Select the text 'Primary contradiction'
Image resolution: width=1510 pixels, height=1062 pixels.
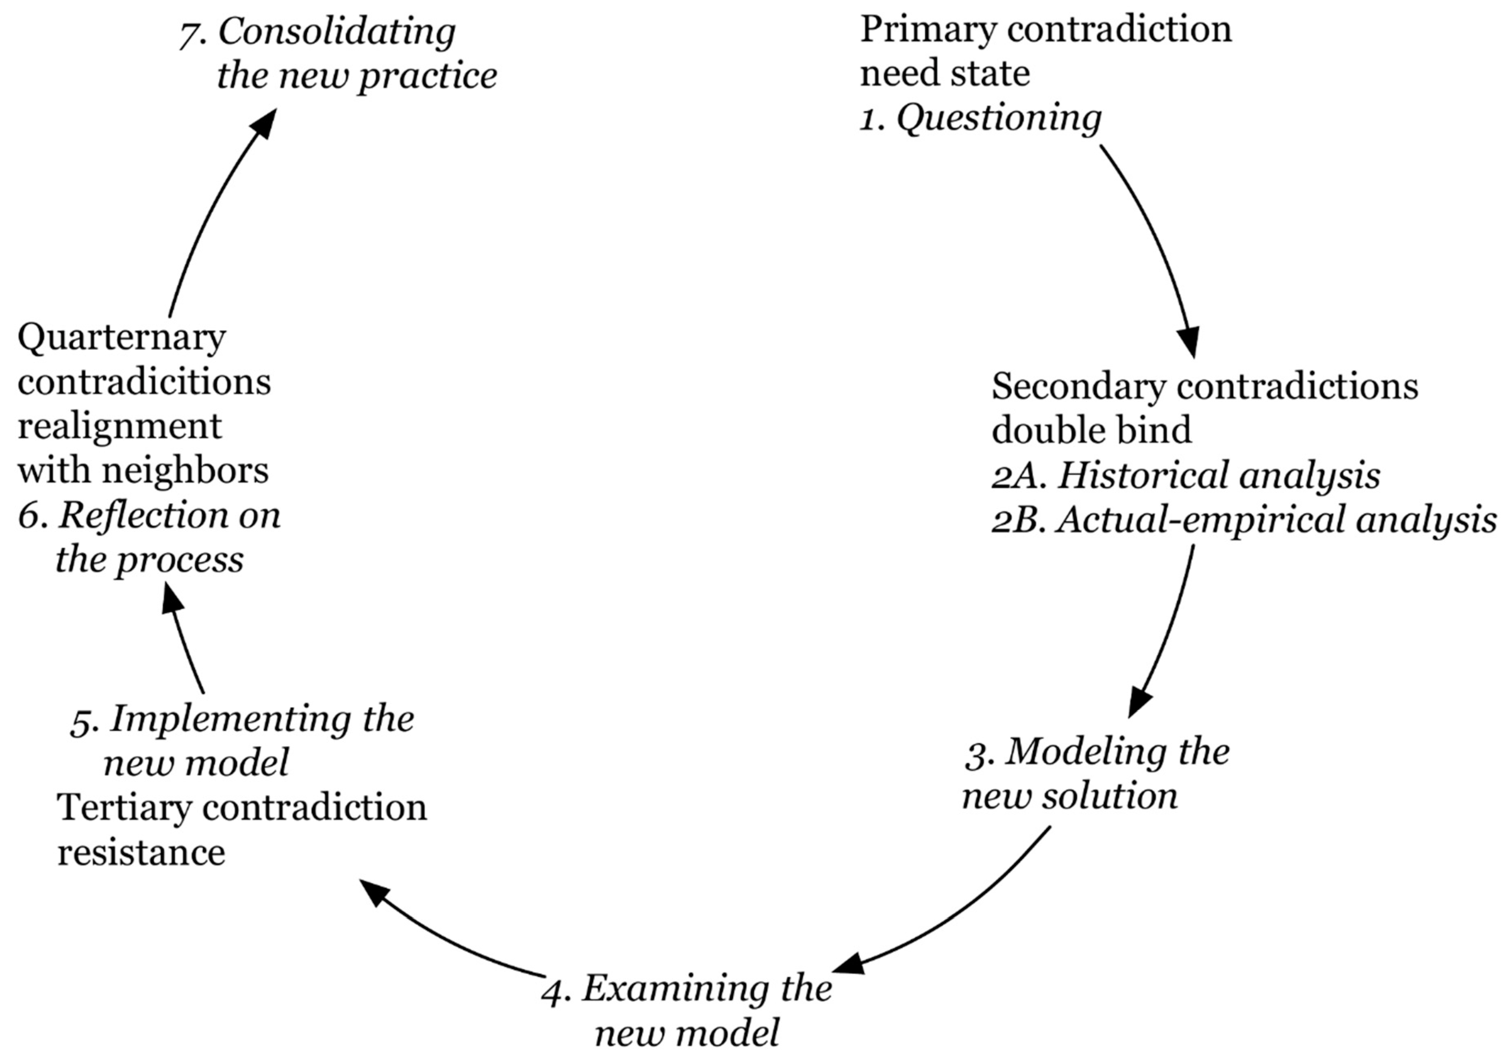point(1046,30)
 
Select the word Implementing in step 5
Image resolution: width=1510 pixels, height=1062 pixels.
point(230,718)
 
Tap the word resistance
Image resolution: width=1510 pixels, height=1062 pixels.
point(141,852)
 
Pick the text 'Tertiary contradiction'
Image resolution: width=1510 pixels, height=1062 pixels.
point(242,808)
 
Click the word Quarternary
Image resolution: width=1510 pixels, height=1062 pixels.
point(122,338)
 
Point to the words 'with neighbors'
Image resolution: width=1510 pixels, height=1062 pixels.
point(143,471)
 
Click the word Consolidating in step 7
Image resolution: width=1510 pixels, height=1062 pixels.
point(337,32)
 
